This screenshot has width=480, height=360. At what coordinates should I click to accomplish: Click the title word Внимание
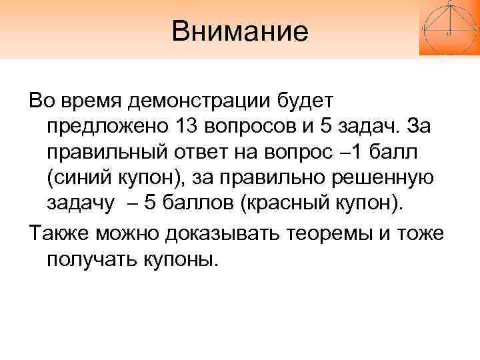tap(240, 31)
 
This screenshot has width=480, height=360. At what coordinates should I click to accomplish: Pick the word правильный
tap(110, 151)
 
